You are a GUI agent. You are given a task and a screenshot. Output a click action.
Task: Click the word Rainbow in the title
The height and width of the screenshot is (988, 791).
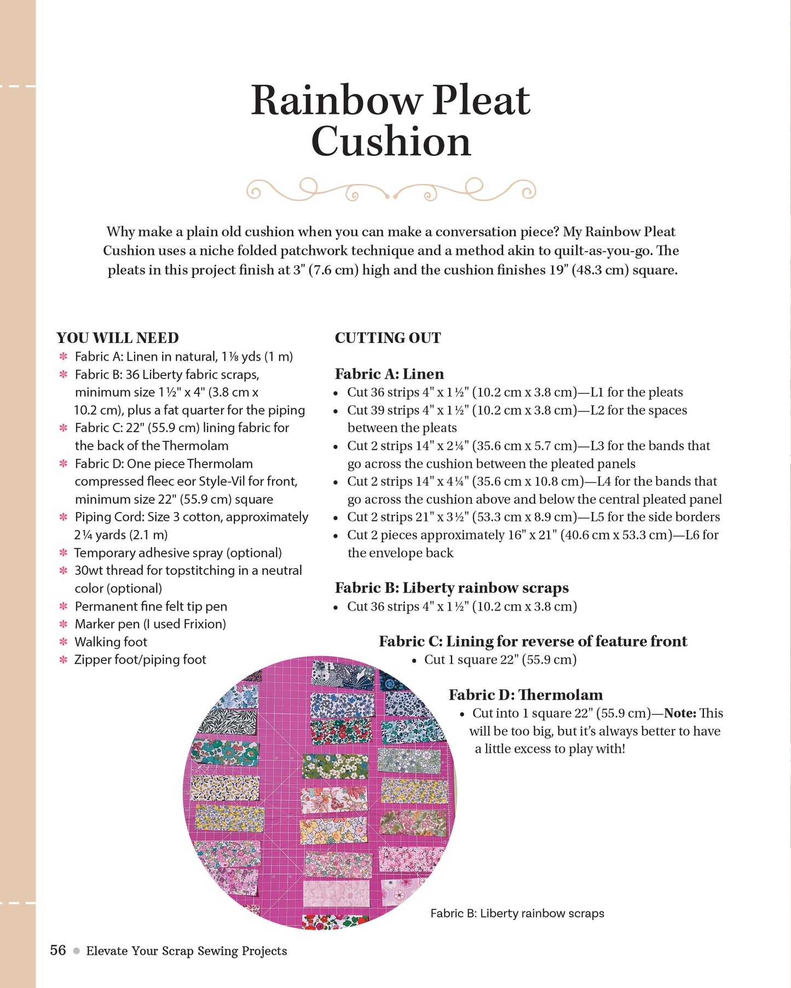(336, 101)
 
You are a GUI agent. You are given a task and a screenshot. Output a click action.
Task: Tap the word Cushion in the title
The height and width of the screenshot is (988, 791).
(391, 142)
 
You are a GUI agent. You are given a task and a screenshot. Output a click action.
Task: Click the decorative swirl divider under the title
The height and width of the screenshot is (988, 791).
(391, 190)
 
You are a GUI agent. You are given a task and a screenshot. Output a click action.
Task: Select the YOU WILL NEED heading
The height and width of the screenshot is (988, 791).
(118, 338)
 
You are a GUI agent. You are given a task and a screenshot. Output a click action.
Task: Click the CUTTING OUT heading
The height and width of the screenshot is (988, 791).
(388, 338)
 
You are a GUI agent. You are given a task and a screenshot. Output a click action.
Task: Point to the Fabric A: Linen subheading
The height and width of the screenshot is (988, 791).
(389, 374)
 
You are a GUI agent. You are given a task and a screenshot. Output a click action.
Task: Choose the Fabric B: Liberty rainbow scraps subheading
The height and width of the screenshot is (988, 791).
(452, 588)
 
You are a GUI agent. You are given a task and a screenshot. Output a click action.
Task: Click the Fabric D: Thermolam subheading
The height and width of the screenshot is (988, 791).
(526, 695)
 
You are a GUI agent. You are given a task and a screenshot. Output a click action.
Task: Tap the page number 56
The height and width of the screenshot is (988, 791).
(58, 950)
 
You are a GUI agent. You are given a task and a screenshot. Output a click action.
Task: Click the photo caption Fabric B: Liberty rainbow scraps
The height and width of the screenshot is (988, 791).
(517, 913)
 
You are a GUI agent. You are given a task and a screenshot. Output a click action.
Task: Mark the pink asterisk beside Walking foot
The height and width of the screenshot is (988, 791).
(63, 642)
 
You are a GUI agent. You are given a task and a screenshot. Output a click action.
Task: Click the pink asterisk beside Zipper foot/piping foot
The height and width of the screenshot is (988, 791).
(63, 660)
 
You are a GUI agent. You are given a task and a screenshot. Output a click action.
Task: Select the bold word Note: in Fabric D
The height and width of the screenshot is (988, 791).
(680, 713)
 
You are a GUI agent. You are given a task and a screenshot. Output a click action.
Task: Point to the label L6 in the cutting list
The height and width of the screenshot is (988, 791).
(694, 535)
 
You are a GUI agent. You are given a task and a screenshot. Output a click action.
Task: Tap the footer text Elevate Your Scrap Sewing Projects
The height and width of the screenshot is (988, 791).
(187, 951)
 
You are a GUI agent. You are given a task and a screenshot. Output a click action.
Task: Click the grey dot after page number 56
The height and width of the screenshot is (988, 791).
(76, 951)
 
